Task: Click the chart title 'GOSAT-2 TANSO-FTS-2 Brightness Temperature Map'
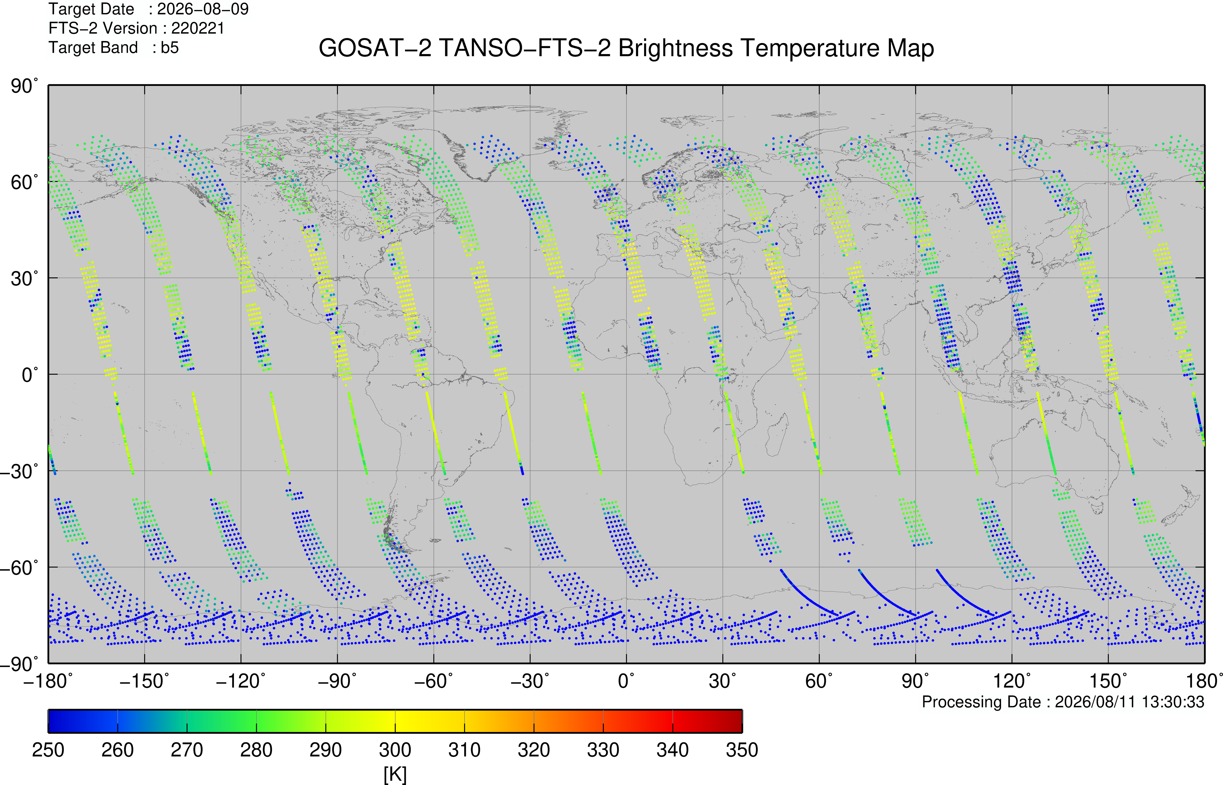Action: coord(626,48)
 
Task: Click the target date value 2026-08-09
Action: coord(203,9)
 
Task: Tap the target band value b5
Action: coord(170,48)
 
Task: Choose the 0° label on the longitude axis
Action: coord(626,681)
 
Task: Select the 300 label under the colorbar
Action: coord(395,750)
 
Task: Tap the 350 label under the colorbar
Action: coord(742,750)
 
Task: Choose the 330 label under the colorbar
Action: coord(603,750)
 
